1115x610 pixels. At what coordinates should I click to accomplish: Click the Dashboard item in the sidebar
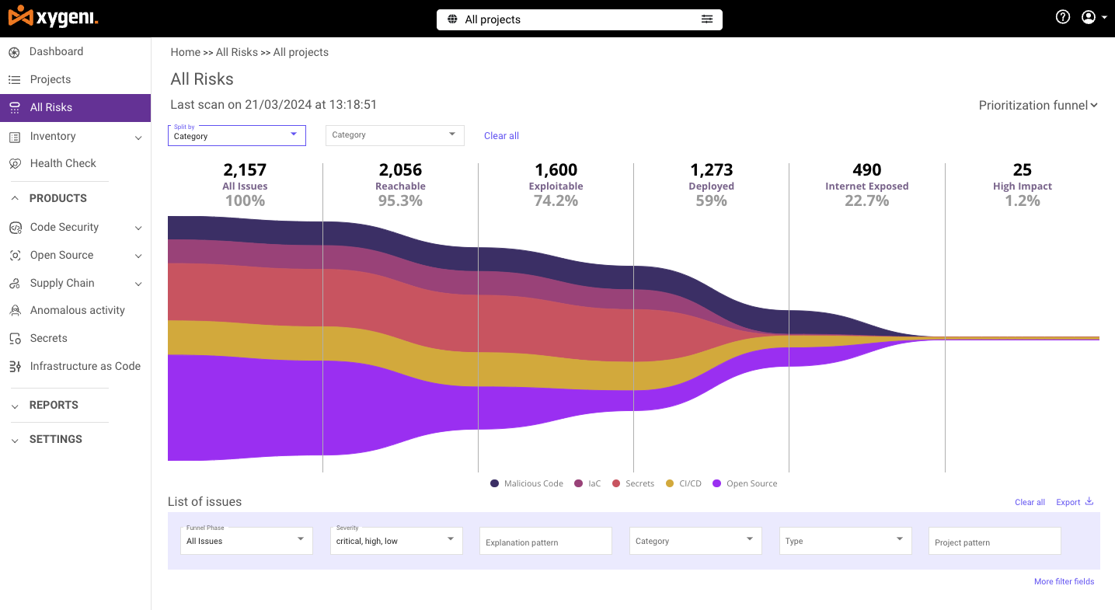[x=56, y=52]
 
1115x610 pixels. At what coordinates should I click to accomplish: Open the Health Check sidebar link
[x=62, y=163]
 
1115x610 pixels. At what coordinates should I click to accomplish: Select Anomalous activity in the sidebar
[x=77, y=310]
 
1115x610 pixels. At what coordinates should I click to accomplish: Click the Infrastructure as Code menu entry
[x=85, y=366]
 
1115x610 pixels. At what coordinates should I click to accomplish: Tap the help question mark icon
[x=1063, y=17]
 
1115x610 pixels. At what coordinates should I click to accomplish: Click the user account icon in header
[x=1089, y=17]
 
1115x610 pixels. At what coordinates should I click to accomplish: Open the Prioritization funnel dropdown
[x=1038, y=106]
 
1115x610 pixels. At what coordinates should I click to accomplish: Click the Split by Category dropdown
[x=236, y=135]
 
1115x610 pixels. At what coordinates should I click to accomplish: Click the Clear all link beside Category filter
[x=501, y=136]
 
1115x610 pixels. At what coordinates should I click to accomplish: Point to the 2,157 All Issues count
[x=245, y=169]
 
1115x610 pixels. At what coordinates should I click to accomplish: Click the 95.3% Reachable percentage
[x=400, y=200]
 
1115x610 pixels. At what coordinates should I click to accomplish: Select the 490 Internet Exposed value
[x=866, y=169]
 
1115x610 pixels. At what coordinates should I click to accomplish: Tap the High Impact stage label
[x=1022, y=186]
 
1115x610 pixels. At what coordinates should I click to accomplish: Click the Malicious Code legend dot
[x=495, y=483]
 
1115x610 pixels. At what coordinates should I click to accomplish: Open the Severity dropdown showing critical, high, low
[x=396, y=541]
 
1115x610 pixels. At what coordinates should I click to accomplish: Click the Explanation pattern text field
[x=545, y=542]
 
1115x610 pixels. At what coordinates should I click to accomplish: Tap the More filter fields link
[x=1064, y=581]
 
